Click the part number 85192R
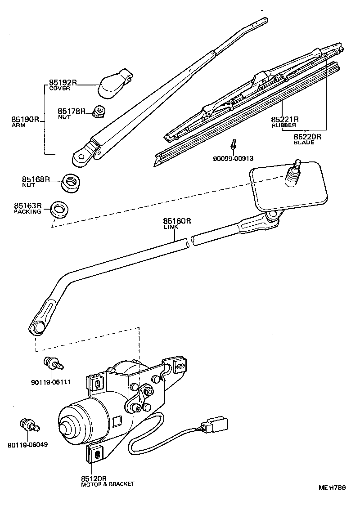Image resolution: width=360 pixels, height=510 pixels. coord(63,83)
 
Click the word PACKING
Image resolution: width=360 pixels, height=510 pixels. coord(27,211)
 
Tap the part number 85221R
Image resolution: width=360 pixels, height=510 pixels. coord(285,120)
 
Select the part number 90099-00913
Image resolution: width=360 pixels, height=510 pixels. coord(234,158)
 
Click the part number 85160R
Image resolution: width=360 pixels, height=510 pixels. coord(177,221)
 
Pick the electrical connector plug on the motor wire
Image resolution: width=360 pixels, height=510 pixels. coord(215,425)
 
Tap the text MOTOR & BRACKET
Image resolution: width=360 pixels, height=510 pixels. coord(108,484)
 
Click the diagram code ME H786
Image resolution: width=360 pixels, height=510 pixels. coord(332,488)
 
